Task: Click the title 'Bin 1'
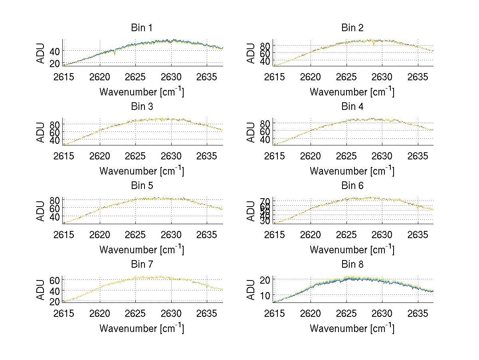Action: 142,28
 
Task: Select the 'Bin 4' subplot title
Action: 352,107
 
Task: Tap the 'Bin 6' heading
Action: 352,186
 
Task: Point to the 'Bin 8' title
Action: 352,265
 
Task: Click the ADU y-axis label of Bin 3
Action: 41,132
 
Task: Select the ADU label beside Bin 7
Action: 41,290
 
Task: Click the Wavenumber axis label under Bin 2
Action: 352,92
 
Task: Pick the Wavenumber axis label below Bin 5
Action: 142,250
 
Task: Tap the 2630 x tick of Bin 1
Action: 171,77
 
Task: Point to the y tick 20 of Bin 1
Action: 55,64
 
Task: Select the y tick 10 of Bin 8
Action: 265,295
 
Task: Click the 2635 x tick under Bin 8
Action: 418,313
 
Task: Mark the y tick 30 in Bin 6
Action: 265,221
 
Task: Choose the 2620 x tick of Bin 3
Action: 100,155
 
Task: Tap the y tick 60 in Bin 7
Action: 55,280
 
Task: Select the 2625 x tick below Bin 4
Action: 346,155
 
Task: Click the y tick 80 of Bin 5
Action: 55,200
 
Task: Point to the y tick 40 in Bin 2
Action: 265,61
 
